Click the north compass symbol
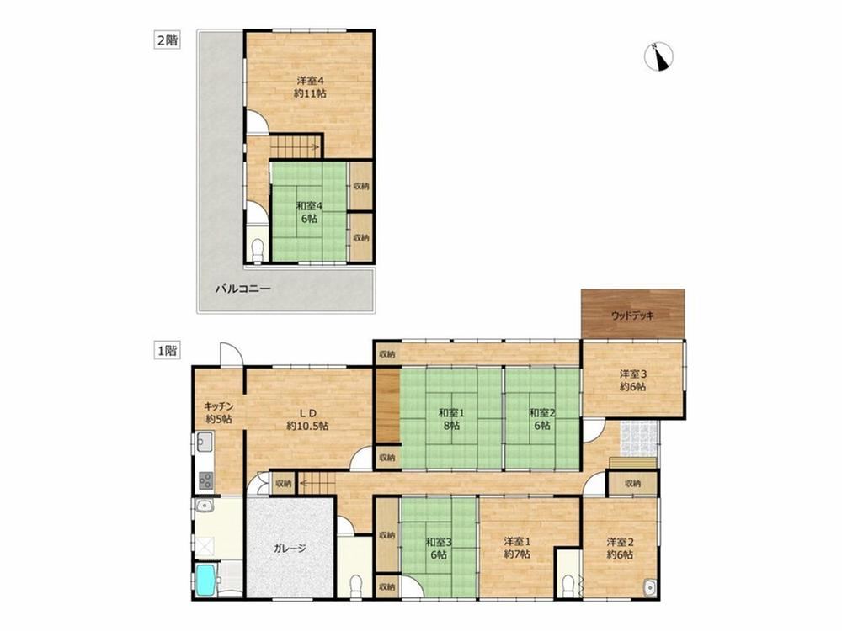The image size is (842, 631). click(659, 56)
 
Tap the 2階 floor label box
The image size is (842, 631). click(167, 40)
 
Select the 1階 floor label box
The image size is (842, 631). click(167, 352)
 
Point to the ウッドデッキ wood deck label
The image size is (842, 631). click(633, 315)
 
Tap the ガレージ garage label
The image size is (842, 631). click(290, 549)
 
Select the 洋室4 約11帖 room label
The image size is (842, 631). click(310, 87)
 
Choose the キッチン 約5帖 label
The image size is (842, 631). click(219, 412)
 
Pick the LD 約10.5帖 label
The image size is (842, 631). click(308, 419)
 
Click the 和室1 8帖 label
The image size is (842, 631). click(451, 419)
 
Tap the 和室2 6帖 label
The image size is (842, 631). click(541, 419)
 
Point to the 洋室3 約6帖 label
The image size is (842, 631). click(632, 379)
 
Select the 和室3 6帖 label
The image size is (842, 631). click(439, 548)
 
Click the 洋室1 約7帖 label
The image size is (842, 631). click(518, 548)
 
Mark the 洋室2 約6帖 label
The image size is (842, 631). click(621, 548)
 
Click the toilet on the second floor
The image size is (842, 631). click(258, 249)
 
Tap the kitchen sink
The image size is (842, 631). click(205, 443)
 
